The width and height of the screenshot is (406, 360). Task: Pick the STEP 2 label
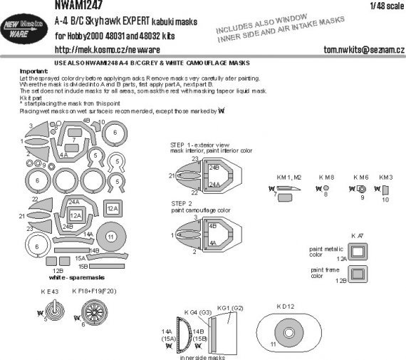click(183, 202)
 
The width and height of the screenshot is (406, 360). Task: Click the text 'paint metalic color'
click(321, 250)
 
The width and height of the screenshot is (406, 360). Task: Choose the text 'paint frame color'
click(322, 273)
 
